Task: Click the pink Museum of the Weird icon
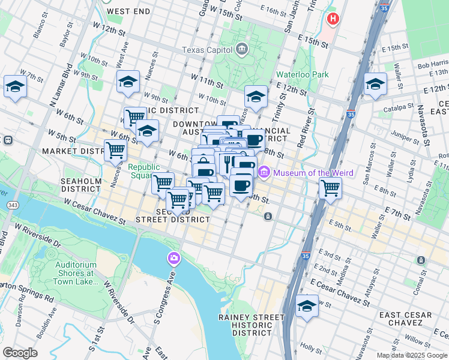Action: (x=264, y=173)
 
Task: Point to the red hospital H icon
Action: (x=333, y=19)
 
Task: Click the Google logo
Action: (x=20, y=353)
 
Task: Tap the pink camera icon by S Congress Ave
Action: (x=173, y=258)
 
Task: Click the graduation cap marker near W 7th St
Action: (x=15, y=86)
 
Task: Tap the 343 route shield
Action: (x=11, y=205)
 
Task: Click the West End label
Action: (x=128, y=11)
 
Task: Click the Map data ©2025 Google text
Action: (x=412, y=355)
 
